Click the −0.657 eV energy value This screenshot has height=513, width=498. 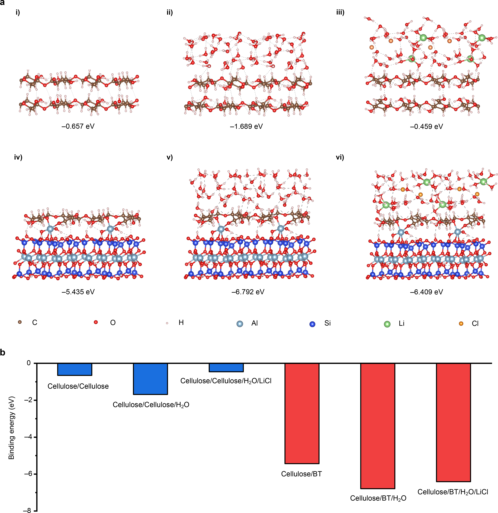[78, 126]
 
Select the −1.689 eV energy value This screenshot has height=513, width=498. [246, 126]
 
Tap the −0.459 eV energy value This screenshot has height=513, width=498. [426, 126]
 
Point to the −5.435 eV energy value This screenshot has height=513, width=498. [78, 292]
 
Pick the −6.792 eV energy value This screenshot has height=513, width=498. [248, 292]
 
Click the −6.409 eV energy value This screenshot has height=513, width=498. [426, 292]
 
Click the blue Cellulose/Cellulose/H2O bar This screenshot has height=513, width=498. [150, 378]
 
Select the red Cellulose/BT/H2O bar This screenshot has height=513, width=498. [378, 426]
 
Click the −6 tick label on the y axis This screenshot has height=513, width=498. [28, 474]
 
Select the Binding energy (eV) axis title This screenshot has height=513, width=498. [12, 428]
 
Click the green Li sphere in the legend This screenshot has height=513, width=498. [387, 324]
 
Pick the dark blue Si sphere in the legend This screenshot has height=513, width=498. [312, 324]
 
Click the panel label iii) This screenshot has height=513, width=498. [340, 12]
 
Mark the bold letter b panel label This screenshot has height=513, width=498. [3, 353]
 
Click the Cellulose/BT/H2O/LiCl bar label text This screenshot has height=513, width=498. [453, 492]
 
